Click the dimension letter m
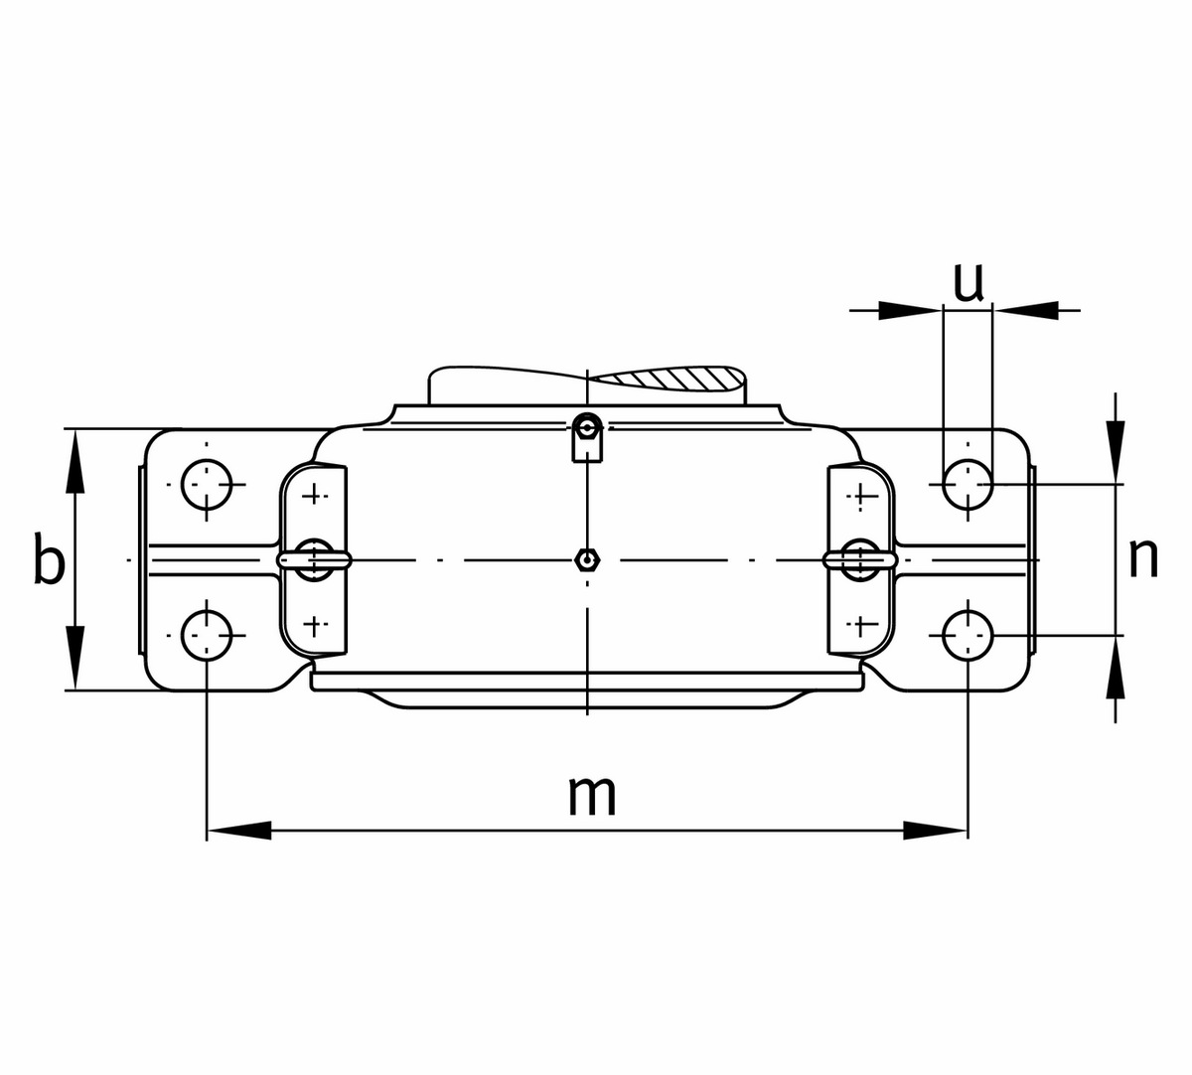tap(592, 795)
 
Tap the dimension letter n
tap(1143, 558)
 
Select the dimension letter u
tap(968, 282)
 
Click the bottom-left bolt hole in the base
tap(207, 635)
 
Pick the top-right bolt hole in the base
tap(967, 485)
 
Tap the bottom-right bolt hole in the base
tap(967, 635)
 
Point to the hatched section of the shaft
tap(675, 379)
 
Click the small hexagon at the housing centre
tap(588, 560)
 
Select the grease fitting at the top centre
tap(588, 429)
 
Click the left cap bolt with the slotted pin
tap(314, 559)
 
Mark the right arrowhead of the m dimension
tap(935, 831)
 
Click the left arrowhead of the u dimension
tap(909, 311)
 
